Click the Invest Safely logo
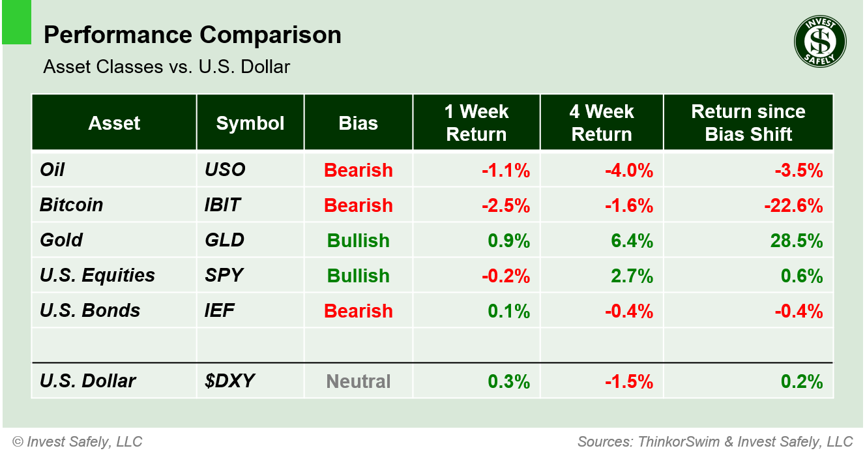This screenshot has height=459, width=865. coord(819,41)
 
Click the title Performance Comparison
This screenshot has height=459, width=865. coord(192,35)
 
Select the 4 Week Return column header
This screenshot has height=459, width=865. coord(601,123)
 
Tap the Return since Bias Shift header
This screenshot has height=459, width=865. coord(748,123)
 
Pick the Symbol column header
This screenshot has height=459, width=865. coord(250,123)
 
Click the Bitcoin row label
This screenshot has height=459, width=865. coord(72,205)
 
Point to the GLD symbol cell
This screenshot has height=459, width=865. coord(224,240)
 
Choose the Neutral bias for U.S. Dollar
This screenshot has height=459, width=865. coord(359,381)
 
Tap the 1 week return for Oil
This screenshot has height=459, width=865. coord(506,170)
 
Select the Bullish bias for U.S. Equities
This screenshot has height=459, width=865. coord(359,276)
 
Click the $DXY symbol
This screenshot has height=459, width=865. coord(229,381)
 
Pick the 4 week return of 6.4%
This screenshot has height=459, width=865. coord(628,241)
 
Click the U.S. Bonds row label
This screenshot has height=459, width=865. coord(90,311)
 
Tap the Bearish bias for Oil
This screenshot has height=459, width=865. coord(359,170)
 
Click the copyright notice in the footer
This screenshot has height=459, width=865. coord(77,441)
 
